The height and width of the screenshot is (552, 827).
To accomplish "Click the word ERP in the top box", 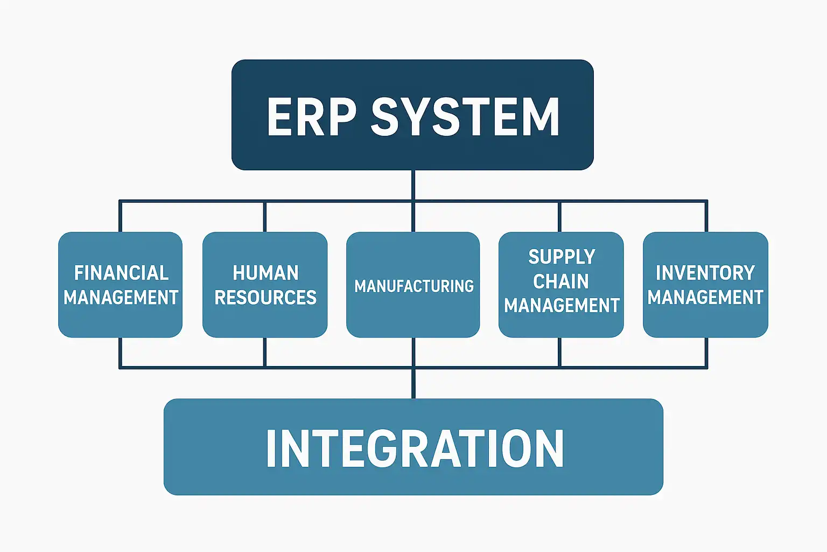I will click(311, 117).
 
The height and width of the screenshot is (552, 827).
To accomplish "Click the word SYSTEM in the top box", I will click(465, 117).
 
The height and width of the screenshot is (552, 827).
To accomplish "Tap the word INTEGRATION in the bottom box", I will click(414, 448).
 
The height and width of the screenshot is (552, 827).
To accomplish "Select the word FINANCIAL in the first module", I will click(121, 273).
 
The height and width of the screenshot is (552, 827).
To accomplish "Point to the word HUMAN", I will click(265, 273).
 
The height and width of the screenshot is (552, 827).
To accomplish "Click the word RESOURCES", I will click(265, 298).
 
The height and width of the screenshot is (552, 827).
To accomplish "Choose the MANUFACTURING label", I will click(413, 286).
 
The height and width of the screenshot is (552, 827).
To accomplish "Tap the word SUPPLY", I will click(562, 257).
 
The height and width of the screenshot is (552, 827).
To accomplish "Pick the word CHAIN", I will click(561, 281).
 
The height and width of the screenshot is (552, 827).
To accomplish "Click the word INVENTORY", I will click(705, 273).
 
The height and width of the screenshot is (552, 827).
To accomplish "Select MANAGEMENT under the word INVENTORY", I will click(705, 298).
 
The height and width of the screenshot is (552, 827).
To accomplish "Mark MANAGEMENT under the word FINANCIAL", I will click(121, 298).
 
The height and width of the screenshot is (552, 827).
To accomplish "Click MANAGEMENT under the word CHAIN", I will click(562, 306).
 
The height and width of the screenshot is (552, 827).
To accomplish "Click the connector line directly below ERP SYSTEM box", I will click(413, 185).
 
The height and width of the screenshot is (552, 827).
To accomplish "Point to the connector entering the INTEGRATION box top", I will click(413, 384).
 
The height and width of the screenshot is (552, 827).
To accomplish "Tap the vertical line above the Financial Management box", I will click(120, 217).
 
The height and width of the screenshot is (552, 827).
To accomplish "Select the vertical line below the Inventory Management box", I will click(706, 353).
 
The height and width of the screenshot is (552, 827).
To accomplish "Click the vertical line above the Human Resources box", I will click(264, 217).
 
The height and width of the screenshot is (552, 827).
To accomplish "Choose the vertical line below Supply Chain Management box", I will click(560, 353).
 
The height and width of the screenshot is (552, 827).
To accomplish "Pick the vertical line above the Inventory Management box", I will click(706, 217).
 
